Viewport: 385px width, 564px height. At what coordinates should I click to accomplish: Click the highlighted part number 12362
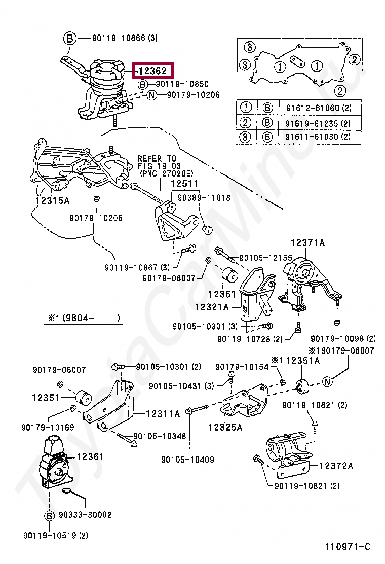tap(153, 71)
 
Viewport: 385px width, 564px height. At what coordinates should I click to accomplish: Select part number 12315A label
tap(53, 201)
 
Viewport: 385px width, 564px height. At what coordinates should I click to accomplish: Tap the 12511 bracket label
tap(184, 184)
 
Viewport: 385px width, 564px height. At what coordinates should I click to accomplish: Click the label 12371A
tap(307, 243)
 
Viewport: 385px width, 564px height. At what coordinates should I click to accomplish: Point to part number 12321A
tap(212, 307)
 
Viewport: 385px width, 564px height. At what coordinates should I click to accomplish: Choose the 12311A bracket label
tap(163, 414)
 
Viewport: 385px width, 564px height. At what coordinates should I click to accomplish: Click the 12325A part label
tap(225, 427)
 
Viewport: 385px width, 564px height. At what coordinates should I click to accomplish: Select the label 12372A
tap(336, 466)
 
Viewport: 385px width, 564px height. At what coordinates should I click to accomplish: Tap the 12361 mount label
tap(90, 456)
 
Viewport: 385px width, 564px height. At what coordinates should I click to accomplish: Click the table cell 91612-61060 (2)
tap(319, 108)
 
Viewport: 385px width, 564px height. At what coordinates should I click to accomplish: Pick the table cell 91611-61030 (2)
tap(318, 136)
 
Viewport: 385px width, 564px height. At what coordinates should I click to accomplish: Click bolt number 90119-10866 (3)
tap(125, 38)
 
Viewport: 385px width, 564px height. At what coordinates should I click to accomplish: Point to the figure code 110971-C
tap(348, 547)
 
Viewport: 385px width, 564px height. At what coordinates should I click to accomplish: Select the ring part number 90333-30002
tap(85, 515)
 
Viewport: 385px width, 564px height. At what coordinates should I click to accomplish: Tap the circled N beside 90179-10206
tap(152, 95)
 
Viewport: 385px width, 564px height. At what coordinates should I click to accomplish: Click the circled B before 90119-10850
tap(143, 84)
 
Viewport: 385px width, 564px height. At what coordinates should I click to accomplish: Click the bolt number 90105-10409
tap(187, 460)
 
